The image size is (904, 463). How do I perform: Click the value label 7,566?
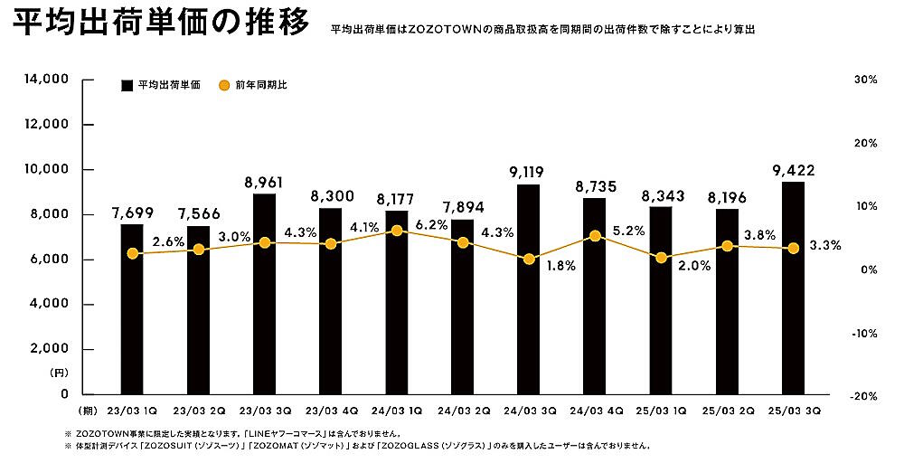tap(198, 213)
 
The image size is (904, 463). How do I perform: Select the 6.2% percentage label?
tap(433, 223)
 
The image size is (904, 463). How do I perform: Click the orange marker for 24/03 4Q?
tap(595, 236)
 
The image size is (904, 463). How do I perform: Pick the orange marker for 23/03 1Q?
tap(133, 254)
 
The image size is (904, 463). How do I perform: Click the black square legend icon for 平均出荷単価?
tap(127, 85)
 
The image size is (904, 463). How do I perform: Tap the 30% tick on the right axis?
tap(865, 80)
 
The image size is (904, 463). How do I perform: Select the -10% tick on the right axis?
tap(864, 333)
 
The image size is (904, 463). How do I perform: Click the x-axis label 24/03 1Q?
tap(396, 411)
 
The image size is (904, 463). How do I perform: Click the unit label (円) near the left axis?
tap(59, 372)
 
